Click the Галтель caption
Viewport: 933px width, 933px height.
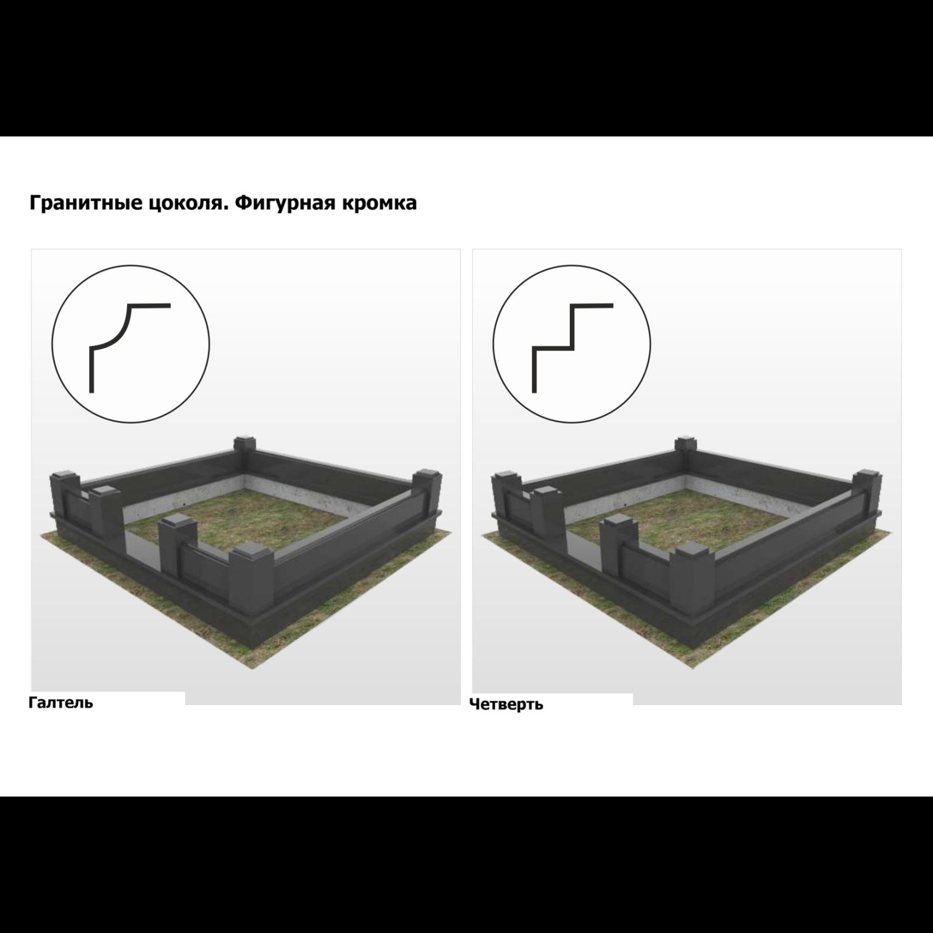coord(61,703)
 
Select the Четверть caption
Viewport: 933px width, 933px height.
coord(506,704)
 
